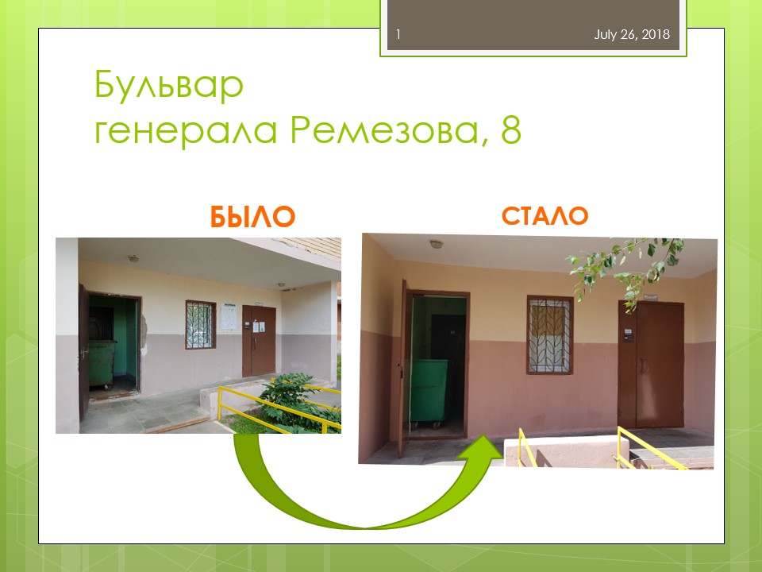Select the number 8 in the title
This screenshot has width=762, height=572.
click(x=510, y=129)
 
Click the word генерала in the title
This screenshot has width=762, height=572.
click(x=186, y=131)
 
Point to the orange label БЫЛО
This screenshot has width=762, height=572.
click(x=252, y=217)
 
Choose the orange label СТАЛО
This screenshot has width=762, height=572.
click(x=545, y=216)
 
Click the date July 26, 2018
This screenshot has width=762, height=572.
click(x=632, y=34)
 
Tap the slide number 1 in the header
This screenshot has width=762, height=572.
click(x=398, y=34)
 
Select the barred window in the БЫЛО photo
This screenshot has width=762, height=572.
click(x=200, y=324)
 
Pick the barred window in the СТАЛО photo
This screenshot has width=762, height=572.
click(x=549, y=334)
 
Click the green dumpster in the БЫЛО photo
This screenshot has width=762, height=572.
click(x=102, y=364)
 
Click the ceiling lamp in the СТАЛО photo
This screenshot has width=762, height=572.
click(x=437, y=244)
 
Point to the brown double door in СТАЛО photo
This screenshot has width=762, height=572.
click(x=651, y=365)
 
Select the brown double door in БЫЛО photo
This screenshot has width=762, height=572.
click(x=259, y=341)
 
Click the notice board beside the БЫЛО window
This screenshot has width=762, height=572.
click(x=229, y=317)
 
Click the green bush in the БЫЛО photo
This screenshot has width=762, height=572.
click(x=299, y=401)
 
